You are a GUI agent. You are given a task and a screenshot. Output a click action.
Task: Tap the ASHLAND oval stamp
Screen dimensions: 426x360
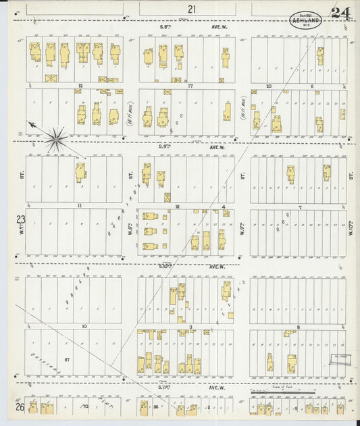(x=306, y=19)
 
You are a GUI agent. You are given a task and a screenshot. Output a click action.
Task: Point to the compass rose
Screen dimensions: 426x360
(x=55, y=138)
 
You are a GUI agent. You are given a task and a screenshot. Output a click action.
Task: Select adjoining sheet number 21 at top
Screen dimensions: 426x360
(x=192, y=9)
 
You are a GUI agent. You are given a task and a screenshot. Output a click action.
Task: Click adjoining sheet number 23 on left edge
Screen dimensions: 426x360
(x=20, y=219)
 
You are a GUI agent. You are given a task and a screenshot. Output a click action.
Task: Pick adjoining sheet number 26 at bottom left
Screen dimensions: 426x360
(x=21, y=407)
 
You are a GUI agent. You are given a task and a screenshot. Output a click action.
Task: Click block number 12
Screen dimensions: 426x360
(x=80, y=86)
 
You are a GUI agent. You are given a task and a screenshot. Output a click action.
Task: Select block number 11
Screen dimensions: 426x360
(x=80, y=205)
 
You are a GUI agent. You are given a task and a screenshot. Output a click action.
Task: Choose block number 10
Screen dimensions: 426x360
(x=84, y=326)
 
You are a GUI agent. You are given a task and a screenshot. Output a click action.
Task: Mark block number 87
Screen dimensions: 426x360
(x=67, y=359)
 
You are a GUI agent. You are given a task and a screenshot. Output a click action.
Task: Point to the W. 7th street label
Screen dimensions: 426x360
(x=22, y=234)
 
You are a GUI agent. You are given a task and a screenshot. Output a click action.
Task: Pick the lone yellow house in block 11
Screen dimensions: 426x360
(x=81, y=171)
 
